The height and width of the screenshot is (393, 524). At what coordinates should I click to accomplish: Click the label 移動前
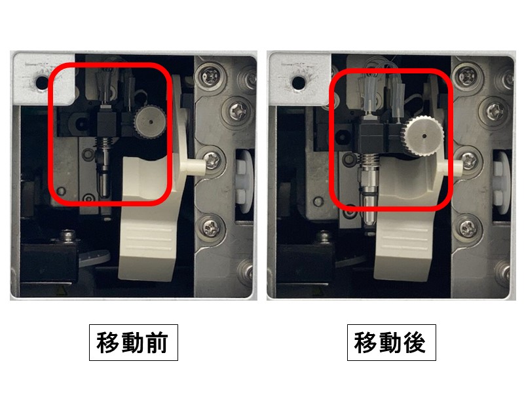(134, 342)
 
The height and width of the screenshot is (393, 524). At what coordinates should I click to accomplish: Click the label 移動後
(391, 342)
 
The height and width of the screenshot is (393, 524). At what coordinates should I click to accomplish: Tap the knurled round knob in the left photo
(151, 122)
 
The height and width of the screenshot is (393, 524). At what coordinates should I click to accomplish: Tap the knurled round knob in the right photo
(424, 136)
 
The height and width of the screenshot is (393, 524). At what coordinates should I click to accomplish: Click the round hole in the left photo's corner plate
(42, 83)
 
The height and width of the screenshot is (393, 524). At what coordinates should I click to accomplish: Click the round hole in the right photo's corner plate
(299, 83)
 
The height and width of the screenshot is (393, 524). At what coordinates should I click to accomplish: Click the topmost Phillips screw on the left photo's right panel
(210, 76)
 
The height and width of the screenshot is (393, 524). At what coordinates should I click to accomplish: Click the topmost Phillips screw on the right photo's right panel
(468, 76)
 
